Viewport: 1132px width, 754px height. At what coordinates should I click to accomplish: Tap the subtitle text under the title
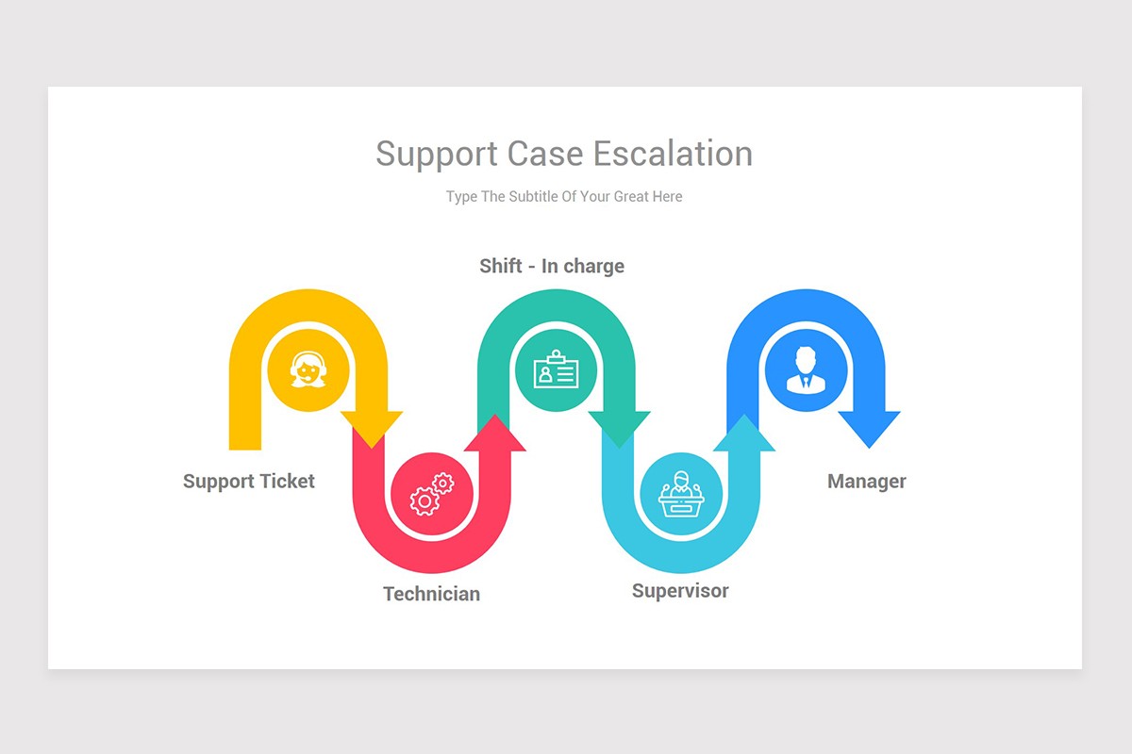click(564, 196)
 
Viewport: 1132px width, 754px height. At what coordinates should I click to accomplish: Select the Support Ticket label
click(249, 481)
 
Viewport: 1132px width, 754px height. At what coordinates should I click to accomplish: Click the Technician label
click(431, 594)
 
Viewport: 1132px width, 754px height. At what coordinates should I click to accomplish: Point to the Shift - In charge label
click(552, 266)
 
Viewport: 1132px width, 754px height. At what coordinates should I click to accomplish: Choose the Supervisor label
click(680, 591)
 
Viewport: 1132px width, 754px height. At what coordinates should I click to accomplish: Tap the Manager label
click(866, 481)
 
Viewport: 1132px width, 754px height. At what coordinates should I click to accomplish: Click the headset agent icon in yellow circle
click(308, 370)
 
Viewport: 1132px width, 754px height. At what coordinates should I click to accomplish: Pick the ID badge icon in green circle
click(556, 370)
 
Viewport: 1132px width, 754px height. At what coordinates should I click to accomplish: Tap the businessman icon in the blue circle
click(805, 370)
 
